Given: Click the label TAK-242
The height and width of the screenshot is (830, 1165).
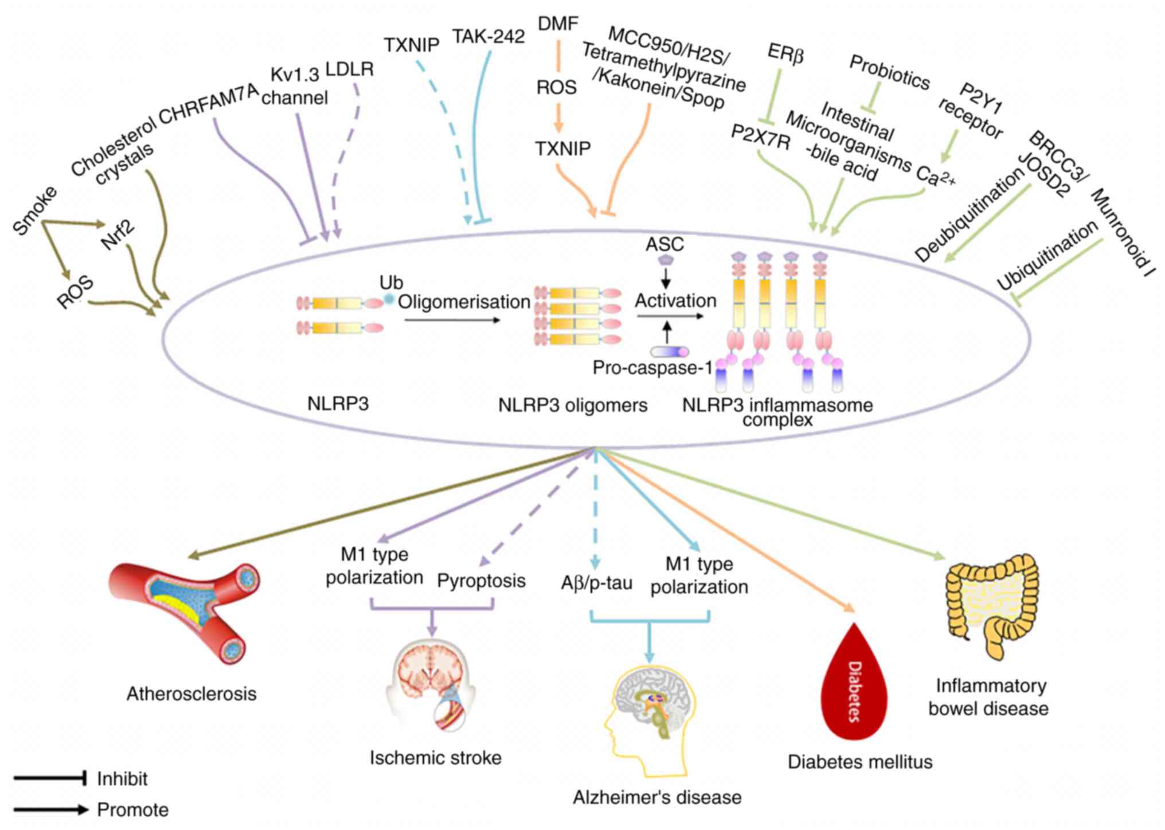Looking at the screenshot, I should point(488,37).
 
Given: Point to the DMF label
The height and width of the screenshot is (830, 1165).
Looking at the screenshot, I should point(558,24).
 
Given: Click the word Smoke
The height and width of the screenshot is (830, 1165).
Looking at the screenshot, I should point(35,210).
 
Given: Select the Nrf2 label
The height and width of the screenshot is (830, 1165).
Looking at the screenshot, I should point(118,234).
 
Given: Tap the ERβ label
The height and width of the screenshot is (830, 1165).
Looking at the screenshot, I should point(785,54).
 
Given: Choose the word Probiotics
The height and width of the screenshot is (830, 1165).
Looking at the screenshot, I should point(889,72).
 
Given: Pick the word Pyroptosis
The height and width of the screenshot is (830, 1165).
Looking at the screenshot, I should point(481,580).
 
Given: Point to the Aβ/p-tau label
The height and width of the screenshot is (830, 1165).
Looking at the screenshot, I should point(596,583).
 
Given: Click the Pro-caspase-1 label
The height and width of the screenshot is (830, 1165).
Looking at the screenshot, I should point(652,368).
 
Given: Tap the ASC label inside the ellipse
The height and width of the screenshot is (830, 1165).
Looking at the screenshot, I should point(664,244).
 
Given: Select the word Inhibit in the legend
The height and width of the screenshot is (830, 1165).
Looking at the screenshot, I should point(122,779).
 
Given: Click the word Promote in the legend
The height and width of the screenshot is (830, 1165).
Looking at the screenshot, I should point(132,810).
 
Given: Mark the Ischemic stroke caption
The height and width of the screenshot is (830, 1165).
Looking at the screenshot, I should point(435,758).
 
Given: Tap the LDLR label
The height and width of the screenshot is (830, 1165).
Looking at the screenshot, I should point(350,70).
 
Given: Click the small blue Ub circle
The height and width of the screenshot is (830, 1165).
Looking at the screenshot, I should point(389,299).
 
